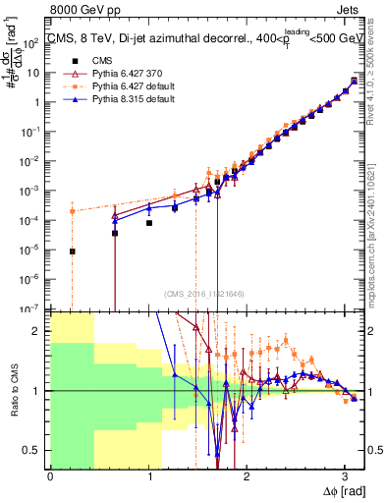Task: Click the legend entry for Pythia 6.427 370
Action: point(117,72)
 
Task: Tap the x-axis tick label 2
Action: point(247,476)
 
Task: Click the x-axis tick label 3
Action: point(344,476)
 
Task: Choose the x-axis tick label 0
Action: point(50,476)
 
